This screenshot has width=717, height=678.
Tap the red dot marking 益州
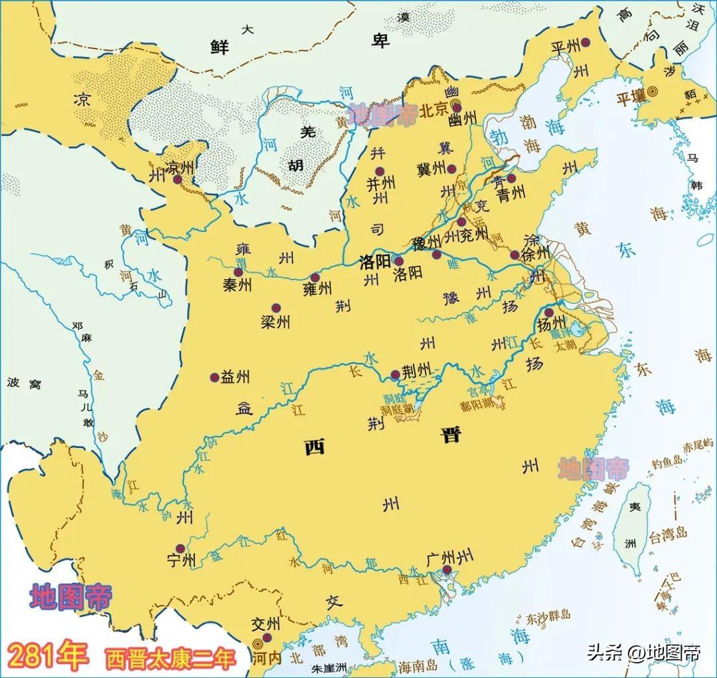(x=214, y=378)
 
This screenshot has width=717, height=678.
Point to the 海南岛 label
(x=416, y=664)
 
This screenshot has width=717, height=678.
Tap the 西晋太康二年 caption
(x=170, y=659)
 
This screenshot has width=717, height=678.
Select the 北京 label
(x=435, y=110)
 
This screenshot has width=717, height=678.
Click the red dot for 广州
(x=449, y=570)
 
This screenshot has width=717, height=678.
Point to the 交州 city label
(x=266, y=625)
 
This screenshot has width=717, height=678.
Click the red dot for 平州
(x=586, y=43)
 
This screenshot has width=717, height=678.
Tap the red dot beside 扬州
(x=548, y=312)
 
